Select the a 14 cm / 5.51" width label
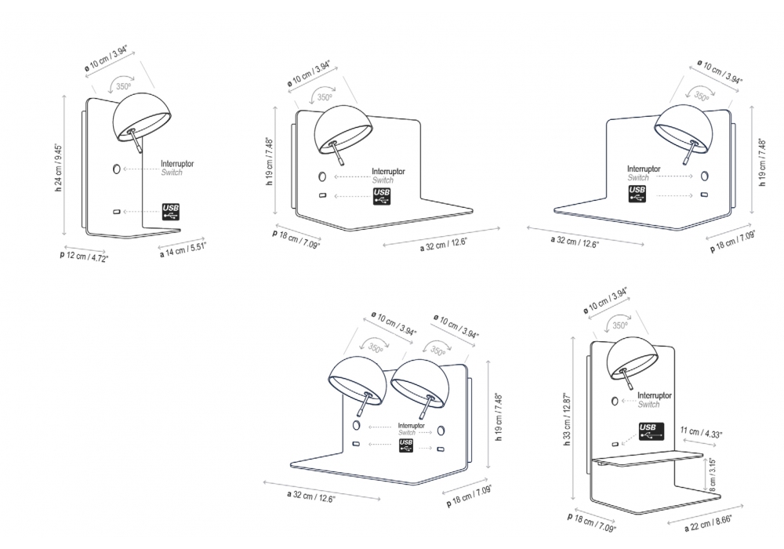[183, 247]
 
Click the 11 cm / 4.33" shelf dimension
[703, 431]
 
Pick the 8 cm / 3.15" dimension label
[712, 473]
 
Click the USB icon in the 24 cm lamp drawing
[171, 211]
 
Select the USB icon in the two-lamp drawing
[405, 445]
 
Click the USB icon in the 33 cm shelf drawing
[652, 431]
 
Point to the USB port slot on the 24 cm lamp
[118, 212]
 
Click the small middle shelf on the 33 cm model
[647, 458]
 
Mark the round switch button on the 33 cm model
[615, 400]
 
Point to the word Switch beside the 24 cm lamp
[172, 173]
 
